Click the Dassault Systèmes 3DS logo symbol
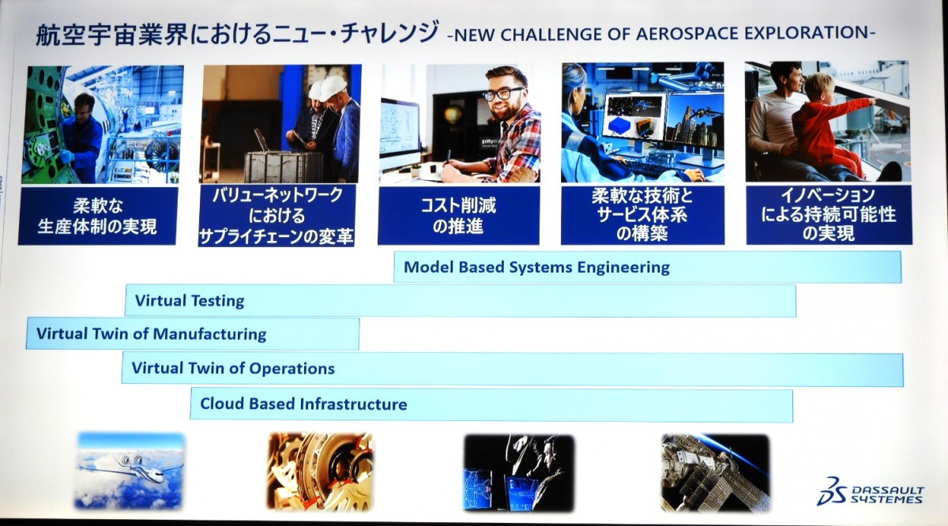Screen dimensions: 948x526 [x=832, y=491]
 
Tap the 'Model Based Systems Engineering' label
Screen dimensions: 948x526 [x=536, y=267]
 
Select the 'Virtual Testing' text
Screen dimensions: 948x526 [x=190, y=300]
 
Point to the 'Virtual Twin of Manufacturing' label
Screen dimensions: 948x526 [x=151, y=334]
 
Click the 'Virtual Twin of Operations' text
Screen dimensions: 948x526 [x=233, y=368]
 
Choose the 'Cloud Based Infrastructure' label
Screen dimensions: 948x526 [x=303, y=404]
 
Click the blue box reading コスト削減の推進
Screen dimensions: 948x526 [x=459, y=216]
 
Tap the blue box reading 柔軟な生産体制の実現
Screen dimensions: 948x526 [x=97, y=216]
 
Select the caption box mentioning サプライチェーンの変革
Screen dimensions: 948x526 [x=276, y=216]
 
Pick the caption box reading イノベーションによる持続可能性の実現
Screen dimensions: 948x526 [x=829, y=215]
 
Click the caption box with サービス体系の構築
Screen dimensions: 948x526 [x=642, y=215]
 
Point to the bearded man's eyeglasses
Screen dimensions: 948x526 [x=502, y=93]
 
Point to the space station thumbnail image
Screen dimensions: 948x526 [x=715, y=472]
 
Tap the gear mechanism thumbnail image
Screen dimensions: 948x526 [x=321, y=471]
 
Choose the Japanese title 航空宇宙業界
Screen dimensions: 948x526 [x=111, y=34]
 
